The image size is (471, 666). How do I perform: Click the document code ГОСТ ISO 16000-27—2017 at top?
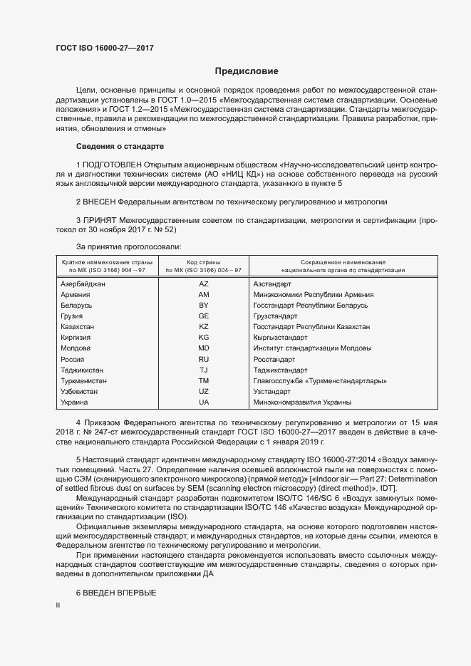coord(104,48)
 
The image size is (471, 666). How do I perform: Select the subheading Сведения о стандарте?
coord(120,146)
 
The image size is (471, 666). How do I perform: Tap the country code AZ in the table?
coord(203,283)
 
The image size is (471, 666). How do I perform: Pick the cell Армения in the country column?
coord(76,294)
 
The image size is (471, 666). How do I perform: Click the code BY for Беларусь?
coord(203,305)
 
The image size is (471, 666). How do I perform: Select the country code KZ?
coord(203,326)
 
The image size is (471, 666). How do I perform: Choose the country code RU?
coord(203,359)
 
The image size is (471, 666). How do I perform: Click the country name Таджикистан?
coord(83,370)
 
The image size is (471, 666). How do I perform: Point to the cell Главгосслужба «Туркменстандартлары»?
coord(320,381)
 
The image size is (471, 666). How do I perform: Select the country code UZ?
coord(203,392)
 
